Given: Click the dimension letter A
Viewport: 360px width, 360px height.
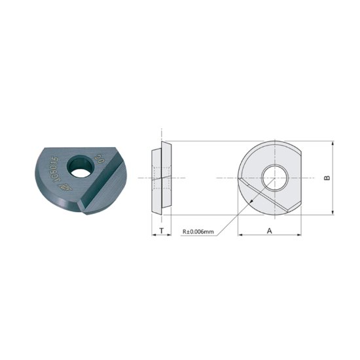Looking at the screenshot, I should click(270, 230).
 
